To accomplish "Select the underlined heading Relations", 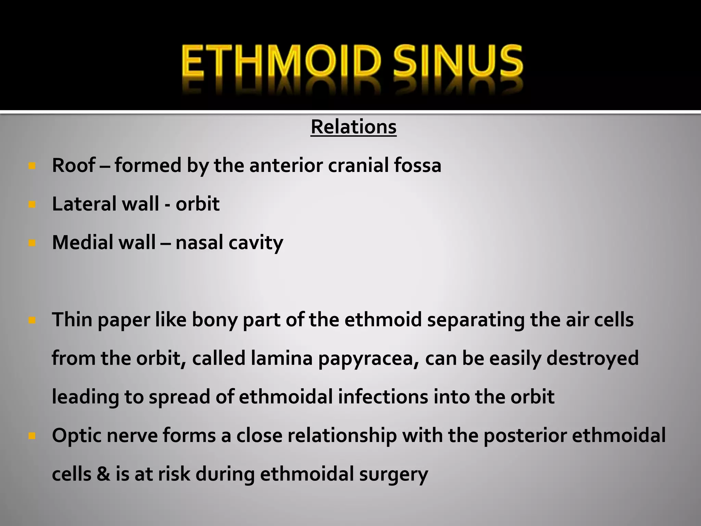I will click(354, 127).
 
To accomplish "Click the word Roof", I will click(73, 165).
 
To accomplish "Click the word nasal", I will click(199, 242).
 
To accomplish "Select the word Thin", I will click(72, 320).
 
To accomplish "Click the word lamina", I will click(282, 358).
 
